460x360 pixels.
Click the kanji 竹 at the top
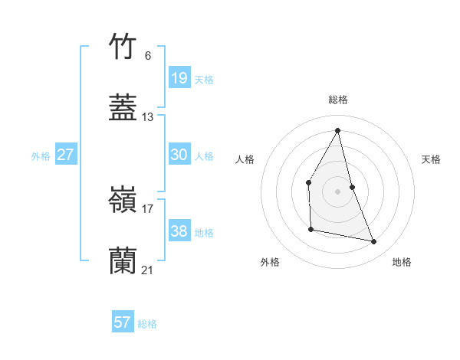(x=123, y=47)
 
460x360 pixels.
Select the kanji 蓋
(x=123, y=108)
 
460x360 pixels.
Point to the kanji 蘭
(x=123, y=261)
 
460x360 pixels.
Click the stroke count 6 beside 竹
(x=147, y=55)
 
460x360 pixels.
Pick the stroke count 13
(x=148, y=117)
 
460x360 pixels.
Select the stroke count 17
(x=148, y=208)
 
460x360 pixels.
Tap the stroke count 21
(x=148, y=270)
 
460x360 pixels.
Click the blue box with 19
(x=179, y=77)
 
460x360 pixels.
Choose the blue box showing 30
(x=179, y=155)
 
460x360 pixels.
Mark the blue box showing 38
(x=179, y=231)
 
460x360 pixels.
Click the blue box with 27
(x=66, y=155)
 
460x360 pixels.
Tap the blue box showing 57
(x=123, y=322)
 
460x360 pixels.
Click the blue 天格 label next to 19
(x=204, y=79)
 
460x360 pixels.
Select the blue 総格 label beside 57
(x=147, y=324)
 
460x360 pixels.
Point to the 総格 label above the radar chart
(x=338, y=100)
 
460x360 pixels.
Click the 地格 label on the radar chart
(x=402, y=262)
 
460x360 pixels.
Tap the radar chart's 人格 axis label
(x=245, y=159)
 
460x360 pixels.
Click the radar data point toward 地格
(x=374, y=242)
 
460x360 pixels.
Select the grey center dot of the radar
(x=338, y=191)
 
